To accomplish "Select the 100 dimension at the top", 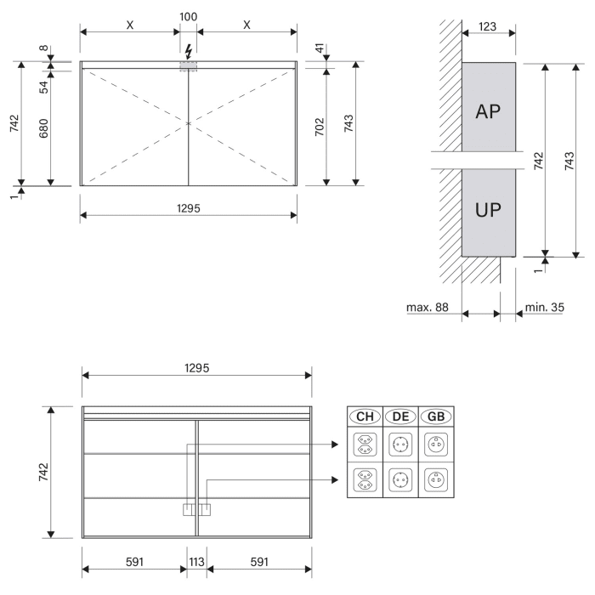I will point(188,16).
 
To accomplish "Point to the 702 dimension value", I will point(320,127).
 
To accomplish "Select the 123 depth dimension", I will point(488,26).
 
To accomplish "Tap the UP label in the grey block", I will point(488,211).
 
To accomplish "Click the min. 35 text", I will point(542,306).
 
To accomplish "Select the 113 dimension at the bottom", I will point(197,563).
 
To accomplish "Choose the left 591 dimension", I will point(133,563).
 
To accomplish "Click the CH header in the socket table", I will point(365,416).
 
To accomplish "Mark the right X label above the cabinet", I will point(246,25).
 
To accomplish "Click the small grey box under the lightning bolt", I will point(188,66).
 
